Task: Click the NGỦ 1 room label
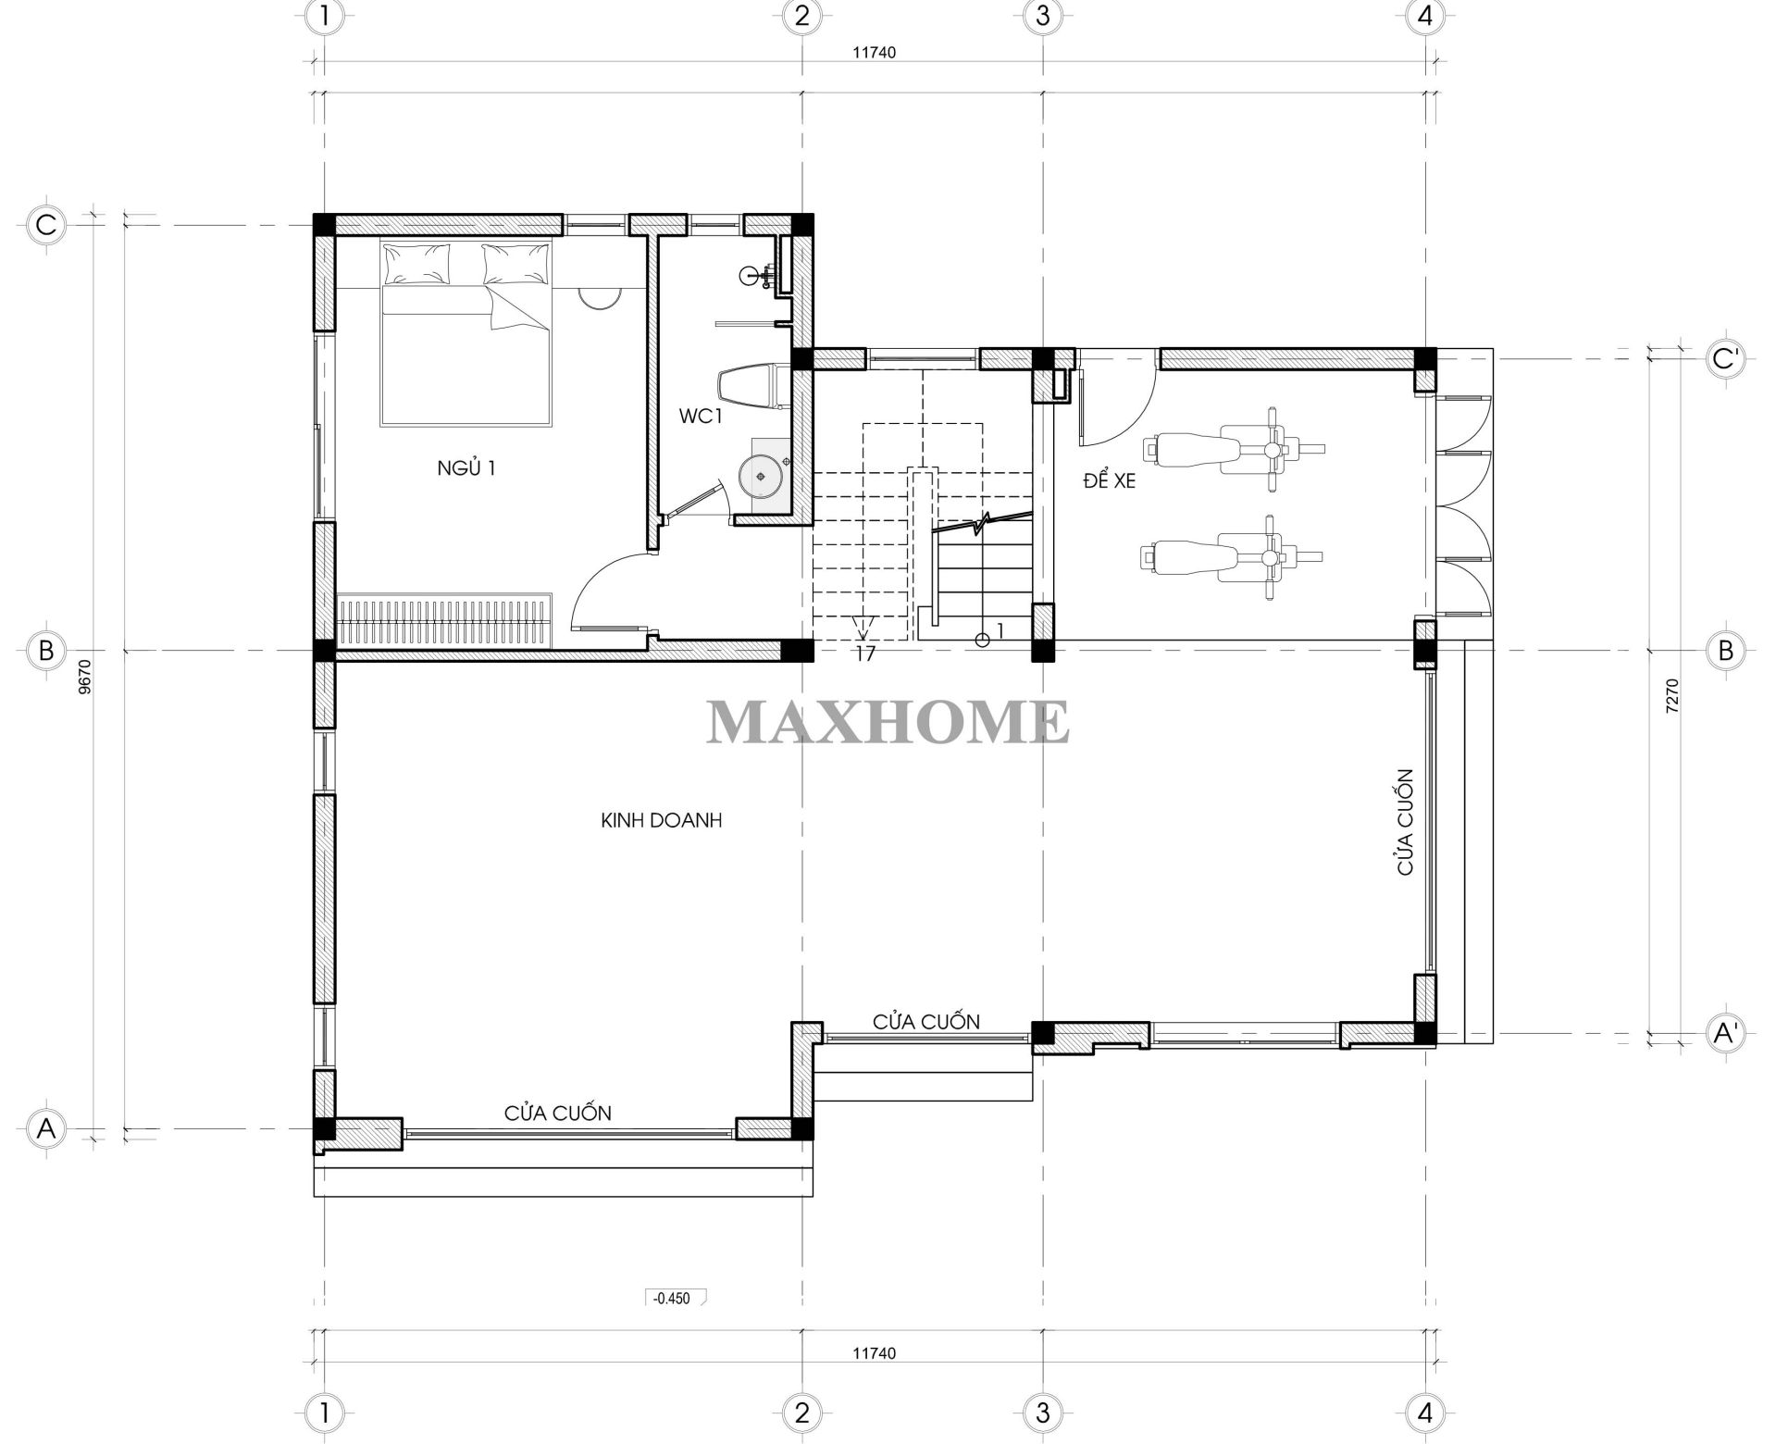466,468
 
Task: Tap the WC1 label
701,417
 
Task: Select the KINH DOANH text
661,820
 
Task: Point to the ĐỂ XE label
1109,480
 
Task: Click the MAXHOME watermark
888,723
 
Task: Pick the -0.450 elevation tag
675,1298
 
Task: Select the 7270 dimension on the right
1671,696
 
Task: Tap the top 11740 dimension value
874,53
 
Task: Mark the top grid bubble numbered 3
1043,16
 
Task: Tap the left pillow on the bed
418,263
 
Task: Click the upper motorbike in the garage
1234,449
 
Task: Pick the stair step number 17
865,654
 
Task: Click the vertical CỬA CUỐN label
1405,822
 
